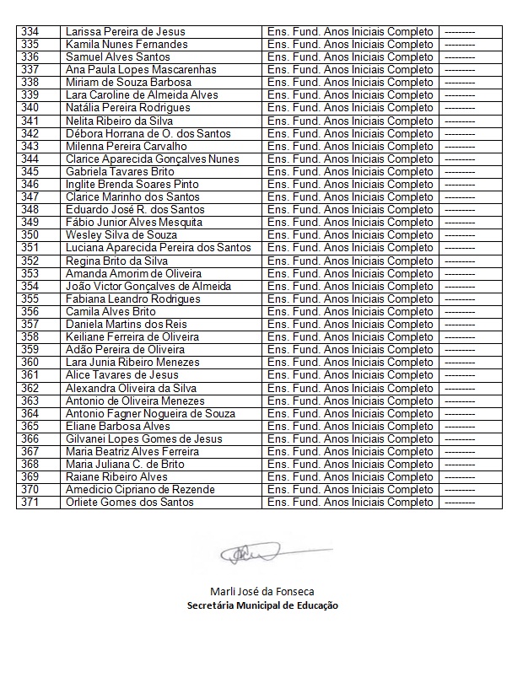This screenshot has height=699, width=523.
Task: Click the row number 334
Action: click(30, 31)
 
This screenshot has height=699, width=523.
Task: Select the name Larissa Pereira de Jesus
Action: click(125, 31)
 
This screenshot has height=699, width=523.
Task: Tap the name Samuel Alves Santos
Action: click(117, 56)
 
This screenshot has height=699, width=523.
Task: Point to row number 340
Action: click(30, 108)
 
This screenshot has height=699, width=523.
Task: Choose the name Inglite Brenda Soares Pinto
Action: click(132, 184)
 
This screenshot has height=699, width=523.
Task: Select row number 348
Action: click(30, 210)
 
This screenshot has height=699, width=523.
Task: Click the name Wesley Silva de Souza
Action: click(121, 235)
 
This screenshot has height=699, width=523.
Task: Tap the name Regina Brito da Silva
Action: click(116, 261)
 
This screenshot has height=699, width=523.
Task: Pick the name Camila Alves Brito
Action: click(111, 312)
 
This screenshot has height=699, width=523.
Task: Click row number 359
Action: click(30, 350)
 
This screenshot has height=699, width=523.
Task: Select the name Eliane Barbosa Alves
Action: click(118, 427)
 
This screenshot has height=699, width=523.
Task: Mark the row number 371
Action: click(30, 503)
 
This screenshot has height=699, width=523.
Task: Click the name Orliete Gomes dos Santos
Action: click(130, 503)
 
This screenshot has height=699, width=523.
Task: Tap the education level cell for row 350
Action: click(349, 235)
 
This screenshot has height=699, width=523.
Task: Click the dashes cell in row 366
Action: click(459, 439)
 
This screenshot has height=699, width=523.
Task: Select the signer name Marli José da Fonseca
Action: click(261, 591)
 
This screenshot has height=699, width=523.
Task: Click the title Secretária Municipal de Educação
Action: click(261, 605)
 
